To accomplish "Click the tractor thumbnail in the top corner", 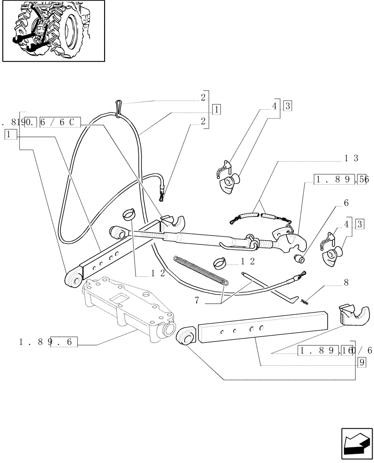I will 53,31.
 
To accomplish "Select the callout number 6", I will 346,203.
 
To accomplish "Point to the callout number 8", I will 346,282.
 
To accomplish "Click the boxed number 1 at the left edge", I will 11,134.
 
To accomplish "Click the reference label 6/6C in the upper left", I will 61,123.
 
